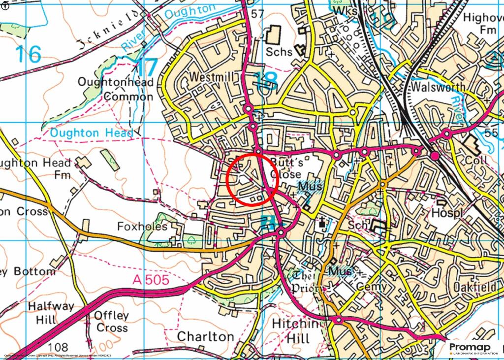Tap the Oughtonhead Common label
pyautogui.click(x=116, y=90)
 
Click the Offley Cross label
pyautogui.click(x=112, y=322)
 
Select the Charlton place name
pyautogui.click(x=205, y=336)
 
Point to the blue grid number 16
pyautogui.click(x=28, y=54)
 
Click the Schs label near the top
pyautogui.click(x=279, y=51)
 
